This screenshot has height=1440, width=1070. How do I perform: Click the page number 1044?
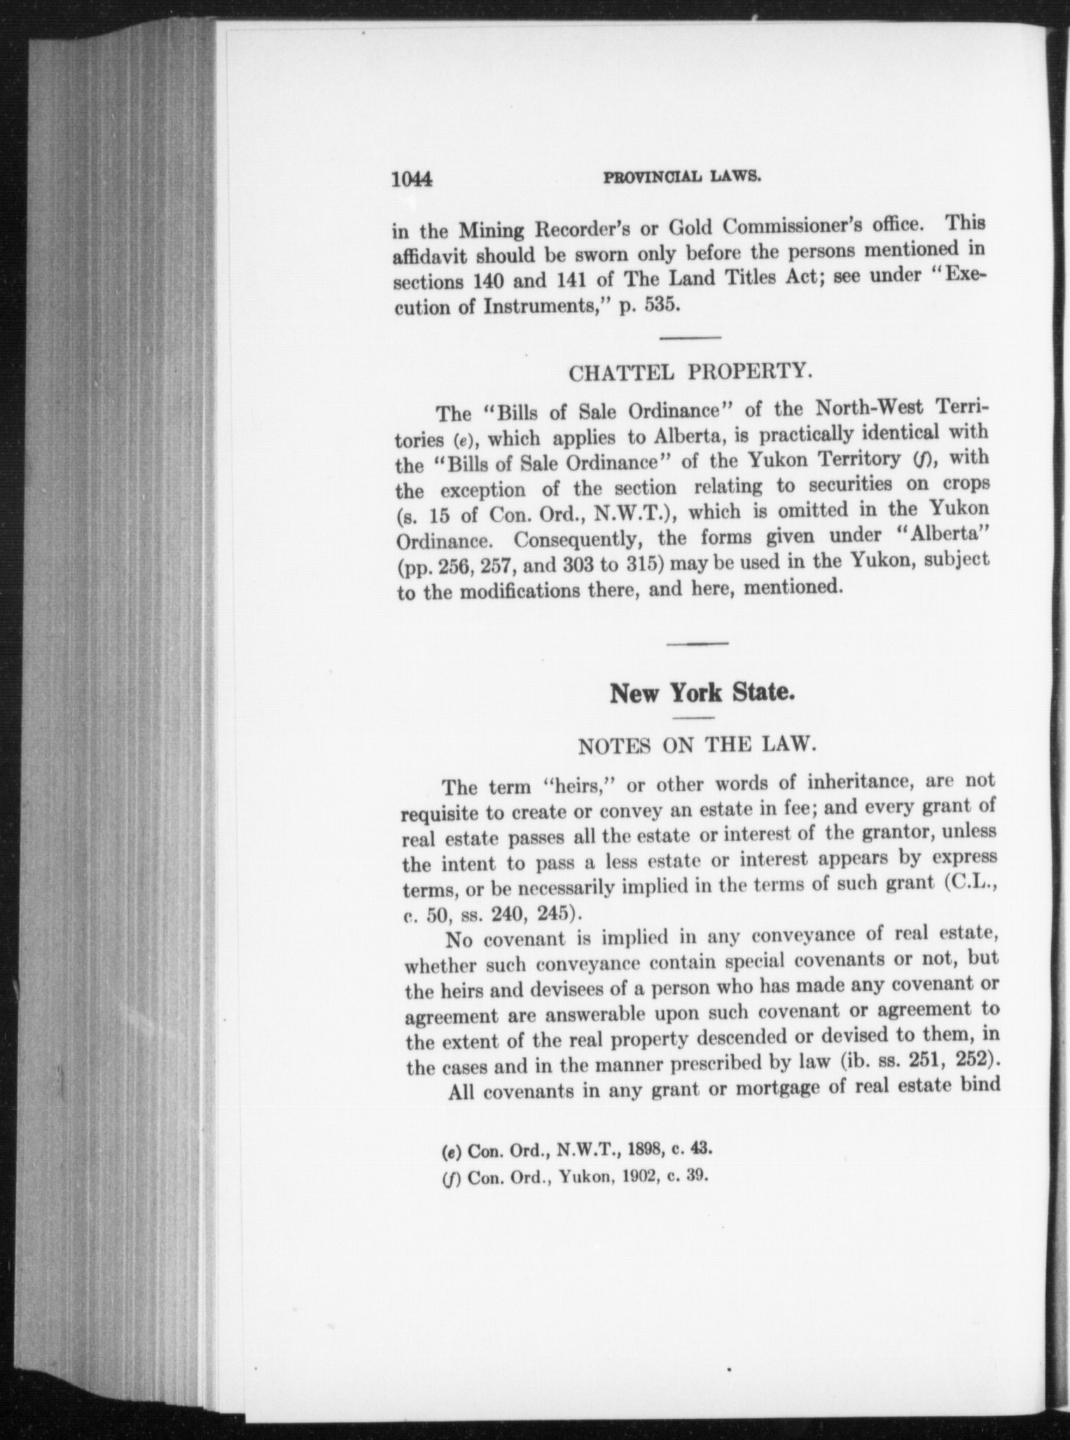(413, 180)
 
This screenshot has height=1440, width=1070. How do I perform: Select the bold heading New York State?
(702, 693)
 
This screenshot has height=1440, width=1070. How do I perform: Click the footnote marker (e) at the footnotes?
(452, 1150)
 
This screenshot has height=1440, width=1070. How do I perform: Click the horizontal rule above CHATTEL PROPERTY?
(690, 339)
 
